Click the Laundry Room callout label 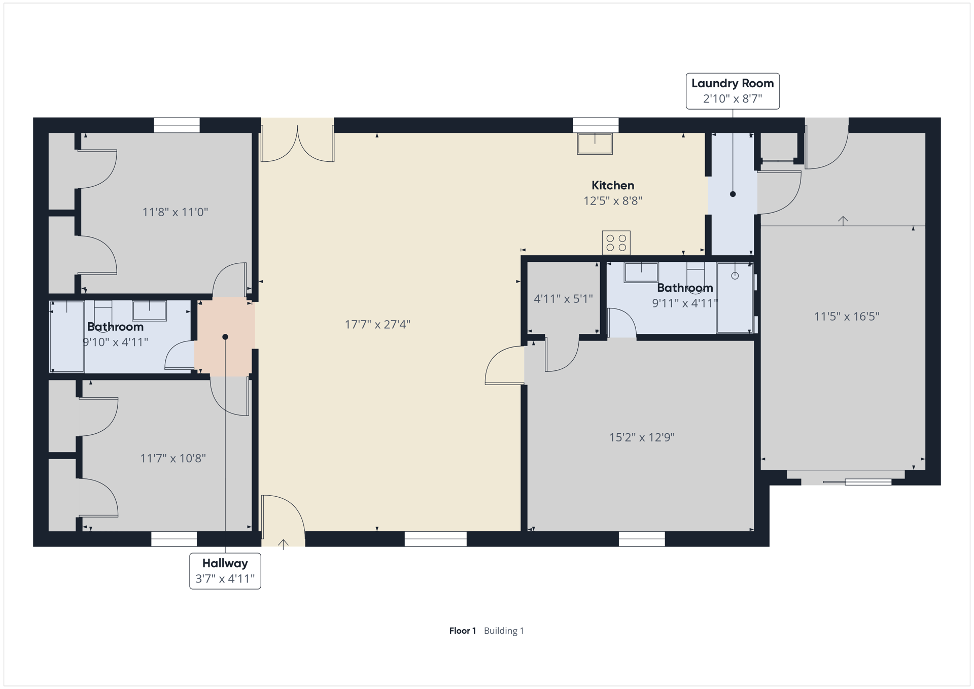(x=733, y=91)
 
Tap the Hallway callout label (x=225, y=571)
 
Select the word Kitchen (x=613, y=185)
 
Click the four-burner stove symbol (x=616, y=243)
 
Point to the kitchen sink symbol (x=595, y=144)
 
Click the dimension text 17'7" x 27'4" (x=377, y=324)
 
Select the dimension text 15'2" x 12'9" (x=642, y=437)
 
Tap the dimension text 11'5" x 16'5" (x=847, y=317)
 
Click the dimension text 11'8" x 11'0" (x=175, y=212)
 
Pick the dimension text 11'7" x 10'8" (x=173, y=459)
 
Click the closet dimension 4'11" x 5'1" (x=563, y=299)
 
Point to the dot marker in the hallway (x=225, y=337)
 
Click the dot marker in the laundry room (x=733, y=194)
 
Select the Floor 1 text (x=463, y=631)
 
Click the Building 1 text (x=504, y=631)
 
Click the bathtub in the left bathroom (x=67, y=336)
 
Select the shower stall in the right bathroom (x=735, y=298)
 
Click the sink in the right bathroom (x=641, y=272)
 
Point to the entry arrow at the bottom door (x=283, y=544)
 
